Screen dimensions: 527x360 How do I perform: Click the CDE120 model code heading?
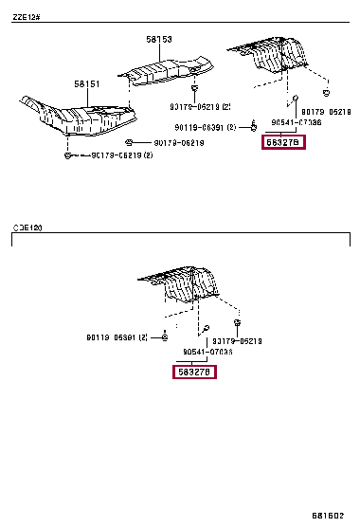pyautogui.click(x=27, y=228)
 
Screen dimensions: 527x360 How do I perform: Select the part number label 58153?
pyautogui.click(x=158, y=40)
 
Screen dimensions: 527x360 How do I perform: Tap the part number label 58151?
pyautogui.click(x=88, y=84)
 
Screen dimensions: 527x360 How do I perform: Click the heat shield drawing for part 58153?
pyautogui.click(x=171, y=69)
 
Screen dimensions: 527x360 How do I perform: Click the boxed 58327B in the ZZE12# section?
pyautogui.click(x=284, y=142)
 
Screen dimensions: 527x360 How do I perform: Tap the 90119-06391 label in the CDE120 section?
pyautogui.click(x=117, y=337)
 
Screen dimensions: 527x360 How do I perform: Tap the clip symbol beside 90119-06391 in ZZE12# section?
pyautogui.click(x=254, y=124)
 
